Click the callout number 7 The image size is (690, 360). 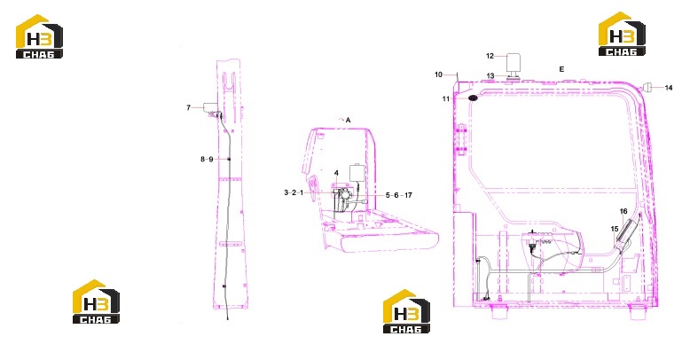tap(189, 107)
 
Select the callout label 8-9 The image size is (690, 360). tap(207, 159)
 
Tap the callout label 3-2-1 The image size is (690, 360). tap(294, 192)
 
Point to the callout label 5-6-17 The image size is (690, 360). tap(399, 195)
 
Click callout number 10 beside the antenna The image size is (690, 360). tap(438, 74)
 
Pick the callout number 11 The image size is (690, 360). tap(446, 99)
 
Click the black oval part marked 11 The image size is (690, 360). tap(473, 98)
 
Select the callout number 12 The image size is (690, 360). tap(490, 56)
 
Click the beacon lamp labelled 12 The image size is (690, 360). tap(514, 65)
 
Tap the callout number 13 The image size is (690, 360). tap(490, 76)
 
